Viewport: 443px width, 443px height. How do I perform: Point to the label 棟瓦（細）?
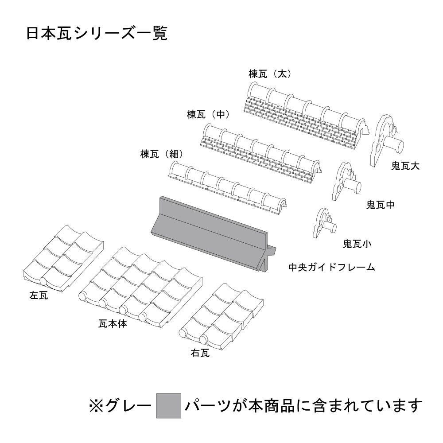(x=162, y=154)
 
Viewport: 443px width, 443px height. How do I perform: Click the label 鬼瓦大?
(x=405, y=166)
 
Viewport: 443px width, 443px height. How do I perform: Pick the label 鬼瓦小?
(x=357, y=243)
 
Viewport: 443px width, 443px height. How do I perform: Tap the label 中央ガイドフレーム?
(x=331, y=268)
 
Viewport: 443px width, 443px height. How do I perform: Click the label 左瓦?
(x=39, y=296)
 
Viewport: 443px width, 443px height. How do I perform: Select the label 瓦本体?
(x=113, y=324)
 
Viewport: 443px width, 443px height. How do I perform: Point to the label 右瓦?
(x=200, y=353)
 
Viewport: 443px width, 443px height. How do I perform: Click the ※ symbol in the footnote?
(x=96, y=405)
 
